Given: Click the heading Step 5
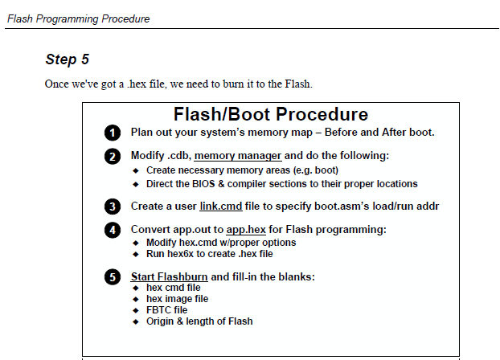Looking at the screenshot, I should pos(68,59).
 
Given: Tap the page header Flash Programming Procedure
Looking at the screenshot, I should pos(78,18).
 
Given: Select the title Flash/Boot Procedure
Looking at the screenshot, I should pos(271,114).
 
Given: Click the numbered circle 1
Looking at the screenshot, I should pos(112,133).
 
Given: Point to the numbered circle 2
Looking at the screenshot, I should pos(112,156).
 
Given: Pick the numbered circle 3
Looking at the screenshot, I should pos(112,207).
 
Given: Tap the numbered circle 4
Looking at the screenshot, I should pos(112,231).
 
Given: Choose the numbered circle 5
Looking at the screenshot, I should pos(112,278).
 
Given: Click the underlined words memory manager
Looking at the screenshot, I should pos(238,155).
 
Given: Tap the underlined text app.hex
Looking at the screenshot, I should pos(247,230).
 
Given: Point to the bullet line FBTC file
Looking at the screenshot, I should pos(166,309).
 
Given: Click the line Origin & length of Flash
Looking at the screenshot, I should pos(199,321).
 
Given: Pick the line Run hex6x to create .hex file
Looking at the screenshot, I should pos(209,253).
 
